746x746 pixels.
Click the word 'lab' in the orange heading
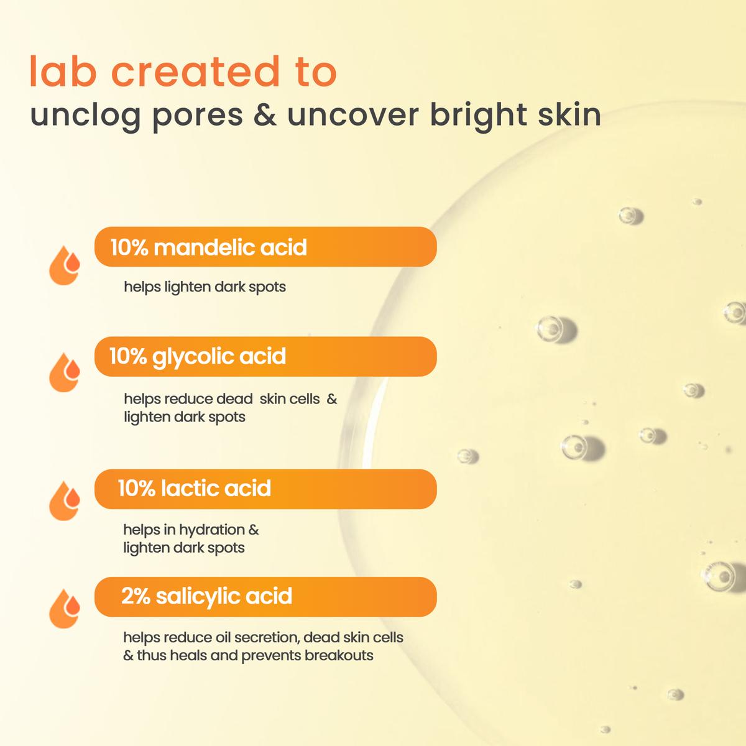(x=63, y=71)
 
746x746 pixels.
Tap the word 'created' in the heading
(x=195, y=71)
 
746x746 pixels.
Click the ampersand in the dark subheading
(x=265, y=114)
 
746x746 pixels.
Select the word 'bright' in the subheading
(x=479, y=116)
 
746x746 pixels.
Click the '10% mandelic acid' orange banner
(x=265, y=247)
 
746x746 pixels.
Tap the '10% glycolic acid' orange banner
(x=265, y=356)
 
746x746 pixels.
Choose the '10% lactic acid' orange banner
(x=265, y=489)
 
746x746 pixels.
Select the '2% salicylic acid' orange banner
(x=265, y=597)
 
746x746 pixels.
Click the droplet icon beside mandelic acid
(x=64, y=265)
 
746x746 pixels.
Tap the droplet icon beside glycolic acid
(x=64, y=372)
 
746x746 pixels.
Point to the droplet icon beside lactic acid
(x=64, y=501)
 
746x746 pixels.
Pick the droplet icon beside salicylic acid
(x=64, y=609)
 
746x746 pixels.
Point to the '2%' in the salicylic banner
(x=136, y=596)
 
